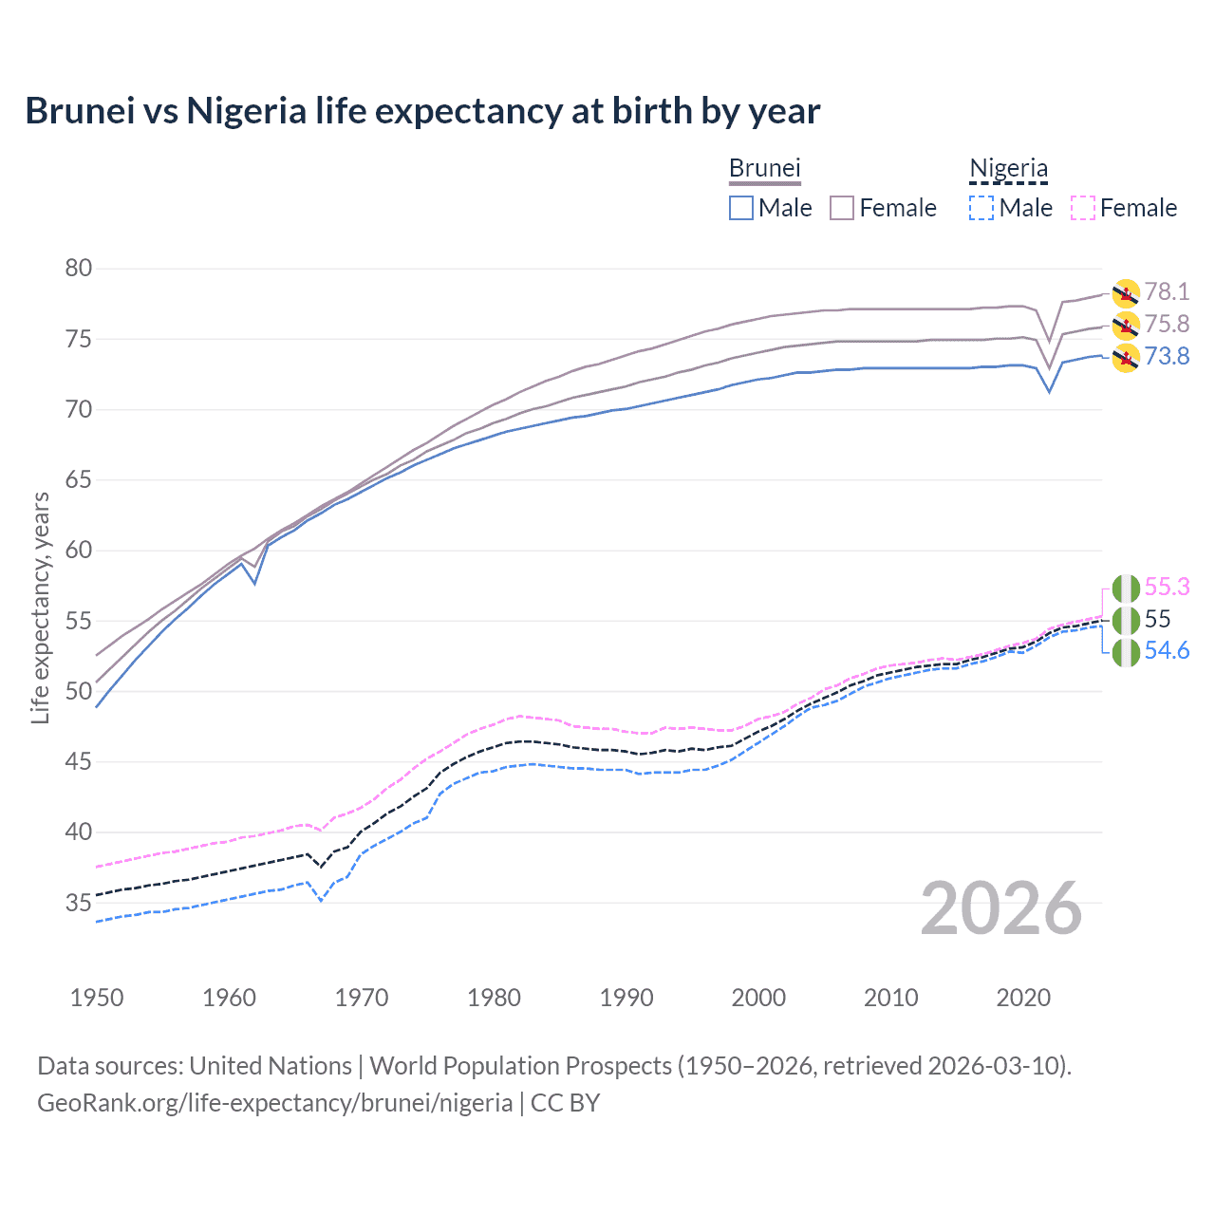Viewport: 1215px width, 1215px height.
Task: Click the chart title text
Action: point(422,111)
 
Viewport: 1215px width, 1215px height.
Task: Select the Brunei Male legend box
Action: point(741,208)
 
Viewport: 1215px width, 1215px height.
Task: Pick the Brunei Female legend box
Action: point(842,208)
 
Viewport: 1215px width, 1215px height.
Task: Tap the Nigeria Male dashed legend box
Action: point(981,208)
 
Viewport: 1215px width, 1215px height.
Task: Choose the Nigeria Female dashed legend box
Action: point(1083,208)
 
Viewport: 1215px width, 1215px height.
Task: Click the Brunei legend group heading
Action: point(765,168)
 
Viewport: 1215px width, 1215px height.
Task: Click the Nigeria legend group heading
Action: point(1008,168)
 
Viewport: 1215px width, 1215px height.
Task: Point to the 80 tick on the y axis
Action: point(79,269)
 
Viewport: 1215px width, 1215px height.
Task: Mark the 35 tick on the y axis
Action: point(79,903)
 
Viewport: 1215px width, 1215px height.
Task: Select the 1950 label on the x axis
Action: point(97,998)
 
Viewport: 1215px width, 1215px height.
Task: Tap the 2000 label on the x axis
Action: point(758,998)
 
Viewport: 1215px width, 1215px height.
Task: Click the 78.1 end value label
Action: point(1167,292)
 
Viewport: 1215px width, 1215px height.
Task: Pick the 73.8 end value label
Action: point(1167,356)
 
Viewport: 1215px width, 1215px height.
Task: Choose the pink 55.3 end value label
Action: point(1167,588)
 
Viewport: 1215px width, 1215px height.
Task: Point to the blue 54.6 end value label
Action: point(1167,651)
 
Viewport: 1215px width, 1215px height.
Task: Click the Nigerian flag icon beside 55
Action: point(1126,621)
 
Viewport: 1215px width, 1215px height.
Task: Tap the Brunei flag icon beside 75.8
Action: point(1126,326)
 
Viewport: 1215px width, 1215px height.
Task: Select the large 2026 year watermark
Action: point(1001,909)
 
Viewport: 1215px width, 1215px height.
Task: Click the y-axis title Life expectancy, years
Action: point(41,607)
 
